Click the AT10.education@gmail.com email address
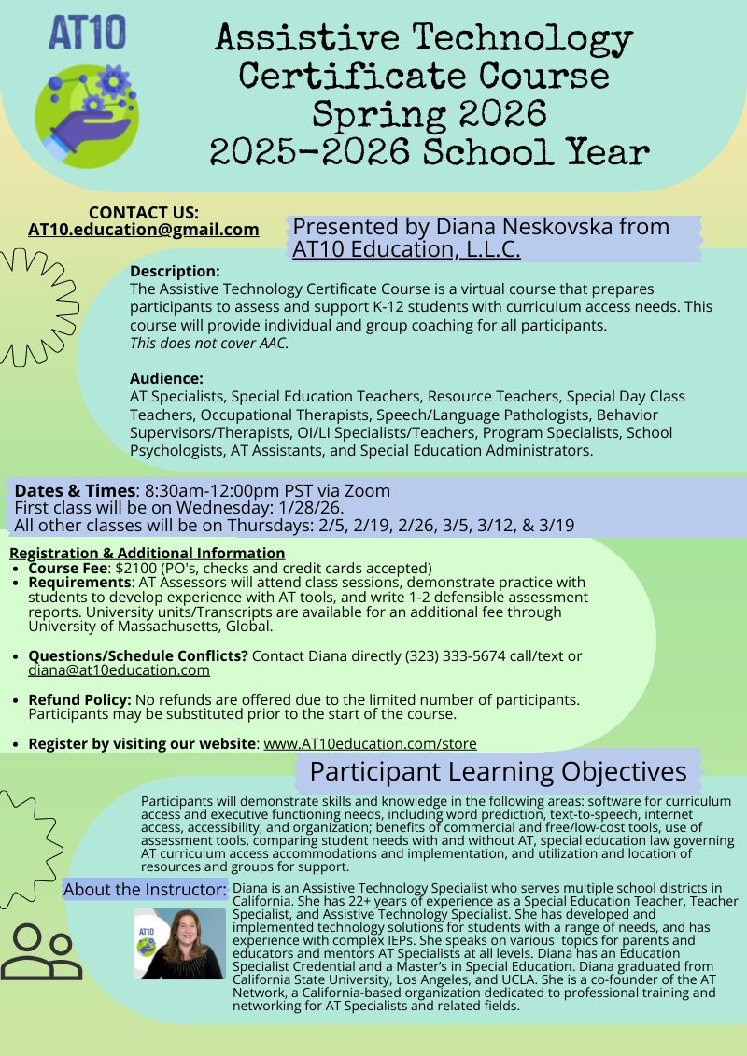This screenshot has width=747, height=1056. coord(143,230)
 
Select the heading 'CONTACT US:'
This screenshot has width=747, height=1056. coord(143,212)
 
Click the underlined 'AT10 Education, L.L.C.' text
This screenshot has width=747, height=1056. coord(406,249)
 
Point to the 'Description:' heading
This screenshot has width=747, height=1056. coord(175,272)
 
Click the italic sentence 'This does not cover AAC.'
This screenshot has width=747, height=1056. coord(209,343)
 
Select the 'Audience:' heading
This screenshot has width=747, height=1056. coord(166,378)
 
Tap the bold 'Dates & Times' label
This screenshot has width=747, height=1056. coord(75,491)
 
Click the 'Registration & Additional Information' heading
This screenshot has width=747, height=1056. coord(147,553)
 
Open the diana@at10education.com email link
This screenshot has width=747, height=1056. coord(119,670)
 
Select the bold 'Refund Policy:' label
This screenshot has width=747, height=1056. coord(80,699)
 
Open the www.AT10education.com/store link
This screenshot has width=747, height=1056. coord(370,743)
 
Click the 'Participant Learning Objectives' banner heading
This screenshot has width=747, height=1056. coord(498,772)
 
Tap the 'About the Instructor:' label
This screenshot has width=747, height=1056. coord(145,890)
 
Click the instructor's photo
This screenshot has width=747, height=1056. coord(179,943)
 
